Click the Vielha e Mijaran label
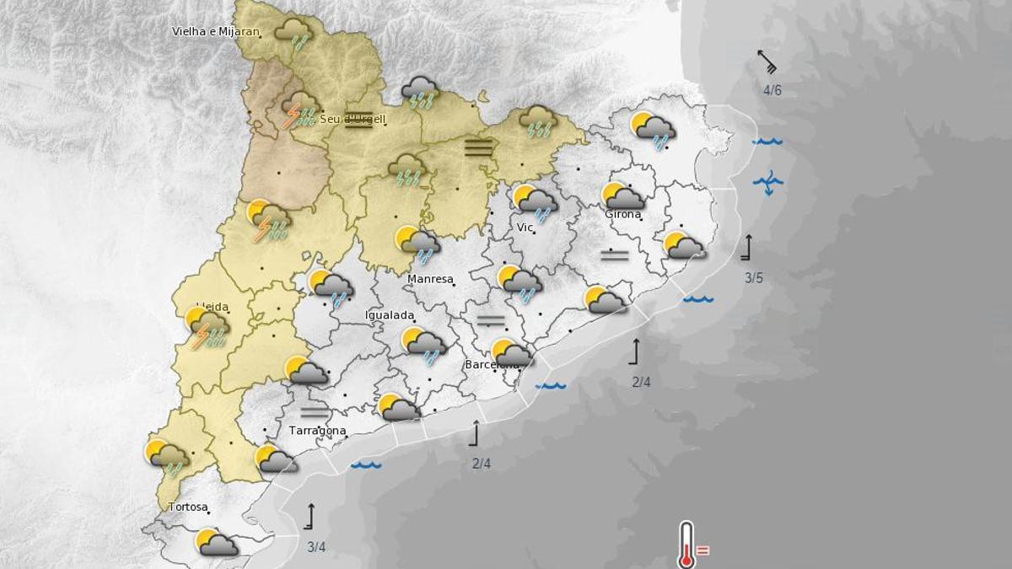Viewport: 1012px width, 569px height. (215, 32)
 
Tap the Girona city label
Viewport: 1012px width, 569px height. (623, 214)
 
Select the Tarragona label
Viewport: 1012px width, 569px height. (318, 431)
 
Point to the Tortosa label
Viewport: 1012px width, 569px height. (188, 507)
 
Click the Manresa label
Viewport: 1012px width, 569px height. (430, 279)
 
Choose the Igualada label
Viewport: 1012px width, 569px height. (390, 315)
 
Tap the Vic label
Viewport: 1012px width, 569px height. (525, 228)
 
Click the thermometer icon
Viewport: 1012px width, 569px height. (686, 544)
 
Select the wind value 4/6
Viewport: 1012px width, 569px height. (772, 90)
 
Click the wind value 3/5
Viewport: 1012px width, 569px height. (754, 278)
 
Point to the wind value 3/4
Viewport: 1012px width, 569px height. (316, 547)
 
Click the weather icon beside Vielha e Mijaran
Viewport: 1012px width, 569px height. (294, 35)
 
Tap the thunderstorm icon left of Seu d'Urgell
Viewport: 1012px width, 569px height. (300, 110)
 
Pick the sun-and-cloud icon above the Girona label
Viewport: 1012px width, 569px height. (623, 196)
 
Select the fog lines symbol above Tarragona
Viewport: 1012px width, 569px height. (314, 411)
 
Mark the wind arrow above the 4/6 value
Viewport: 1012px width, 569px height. (767, 62)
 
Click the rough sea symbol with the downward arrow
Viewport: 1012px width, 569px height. (768, 181)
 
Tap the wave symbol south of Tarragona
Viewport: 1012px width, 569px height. (367, 464)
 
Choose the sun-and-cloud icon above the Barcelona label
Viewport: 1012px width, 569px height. (511, 352)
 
